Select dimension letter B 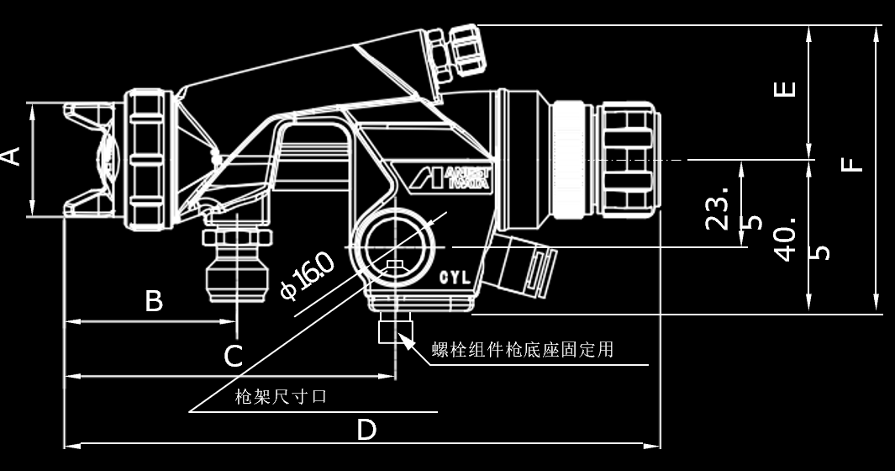coord(154,300)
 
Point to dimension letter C coord(234,355)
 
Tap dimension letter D coord(366,430)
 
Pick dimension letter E coord(785,88)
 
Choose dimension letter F coord(853,160)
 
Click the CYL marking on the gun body coord(455,276)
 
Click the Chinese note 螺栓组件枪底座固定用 coord(522,350)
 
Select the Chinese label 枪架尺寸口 coord(281,397)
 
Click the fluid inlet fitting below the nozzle coord(237,257)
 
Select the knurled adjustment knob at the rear coord(629,159)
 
